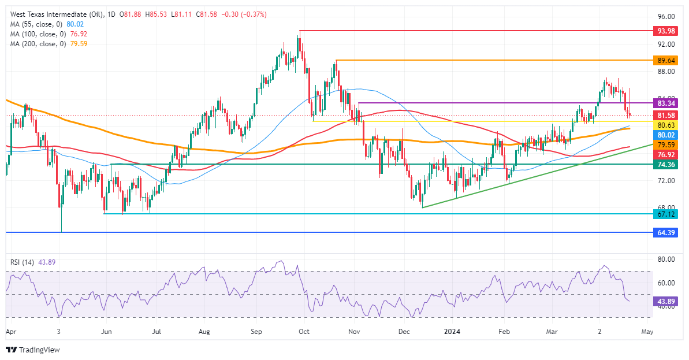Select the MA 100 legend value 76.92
click(79, 34)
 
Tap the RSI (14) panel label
click(22, 262)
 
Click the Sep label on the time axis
click(257, 332)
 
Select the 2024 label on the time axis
click(453, 332)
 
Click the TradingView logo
click(32, 350)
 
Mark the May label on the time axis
click(647, 332)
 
